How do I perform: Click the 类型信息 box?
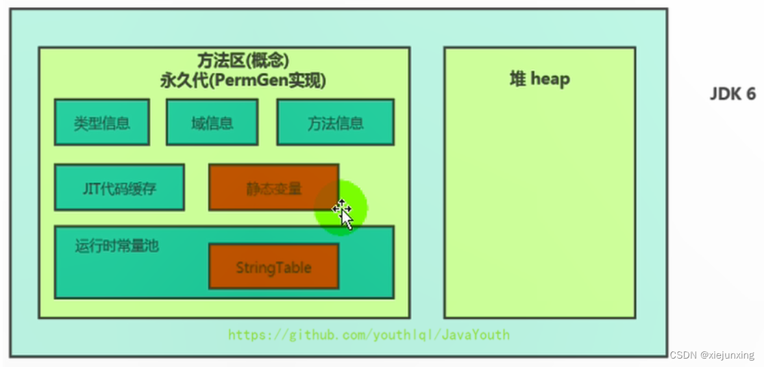[x=101, y=122]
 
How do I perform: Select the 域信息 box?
[x=212, y=122]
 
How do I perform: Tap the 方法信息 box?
[x=335, y=122]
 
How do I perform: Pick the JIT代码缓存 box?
[x=119, y=188]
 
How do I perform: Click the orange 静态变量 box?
[x=273, y=188]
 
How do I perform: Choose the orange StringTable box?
[x=273, y=267]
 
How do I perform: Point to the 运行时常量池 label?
[x=117, y=246]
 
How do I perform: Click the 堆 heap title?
[x=539, y=79]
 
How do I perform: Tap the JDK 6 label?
[x=732, y=94]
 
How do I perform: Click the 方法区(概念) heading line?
[x=243, y=60]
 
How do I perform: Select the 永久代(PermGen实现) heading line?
[x=243, y=81]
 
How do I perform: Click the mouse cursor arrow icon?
[x=345, y=216]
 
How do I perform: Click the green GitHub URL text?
[x=369, y=335]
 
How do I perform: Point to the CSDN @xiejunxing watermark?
[x=711, y=355]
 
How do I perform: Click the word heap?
[x=550, y=79]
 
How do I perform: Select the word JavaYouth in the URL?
[x=478, y=335]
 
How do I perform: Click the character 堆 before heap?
[x=517, y=79]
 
